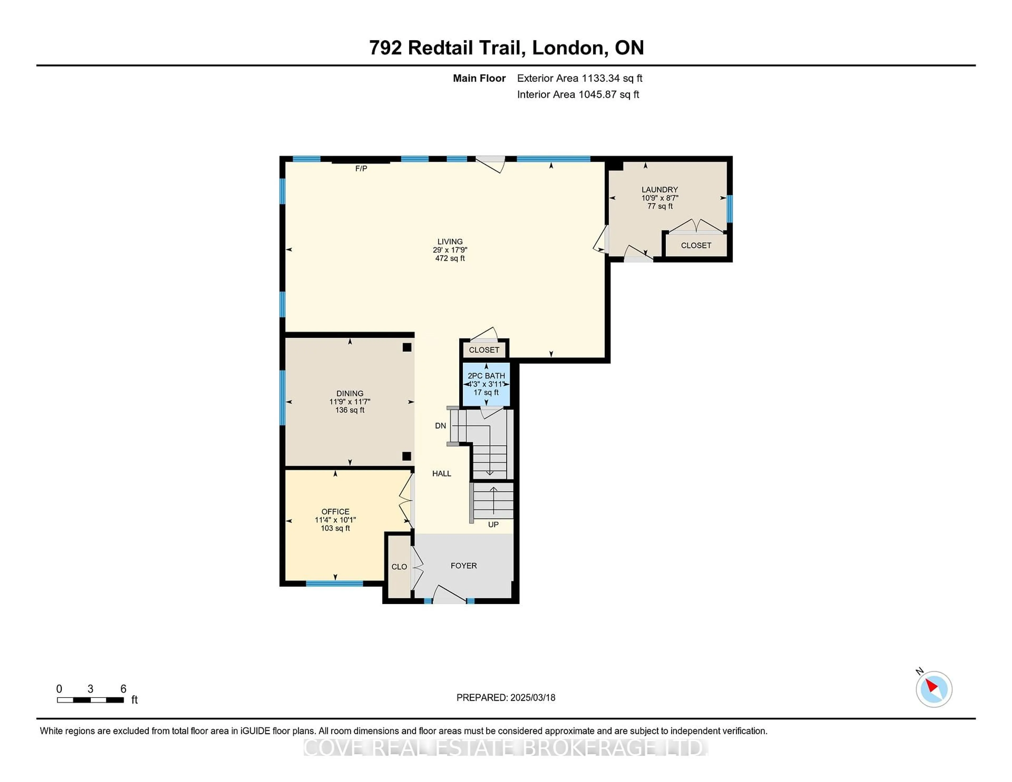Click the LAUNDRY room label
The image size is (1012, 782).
(659, 189)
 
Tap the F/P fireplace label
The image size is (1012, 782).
(361, 169)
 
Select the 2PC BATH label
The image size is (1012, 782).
(486, 376)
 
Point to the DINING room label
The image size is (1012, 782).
(350, 393)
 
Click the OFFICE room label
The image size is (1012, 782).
(335, 511)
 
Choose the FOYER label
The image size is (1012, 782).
(464, 566)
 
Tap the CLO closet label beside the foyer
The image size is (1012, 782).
(399, 566)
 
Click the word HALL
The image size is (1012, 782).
(442, 473)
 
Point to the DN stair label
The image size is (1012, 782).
(440, 426)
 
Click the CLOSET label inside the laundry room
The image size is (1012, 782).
(696, 246)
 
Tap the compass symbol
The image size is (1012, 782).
(934, 689)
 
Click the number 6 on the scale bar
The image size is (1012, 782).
(123, 689)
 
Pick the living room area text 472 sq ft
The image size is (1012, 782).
(450, 258)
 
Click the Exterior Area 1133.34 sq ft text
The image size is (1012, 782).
(580, 78)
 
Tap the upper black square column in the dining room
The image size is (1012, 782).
(407, 347)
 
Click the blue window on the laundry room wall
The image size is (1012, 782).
(729, 209)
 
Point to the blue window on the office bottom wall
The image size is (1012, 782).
(334, 584)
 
